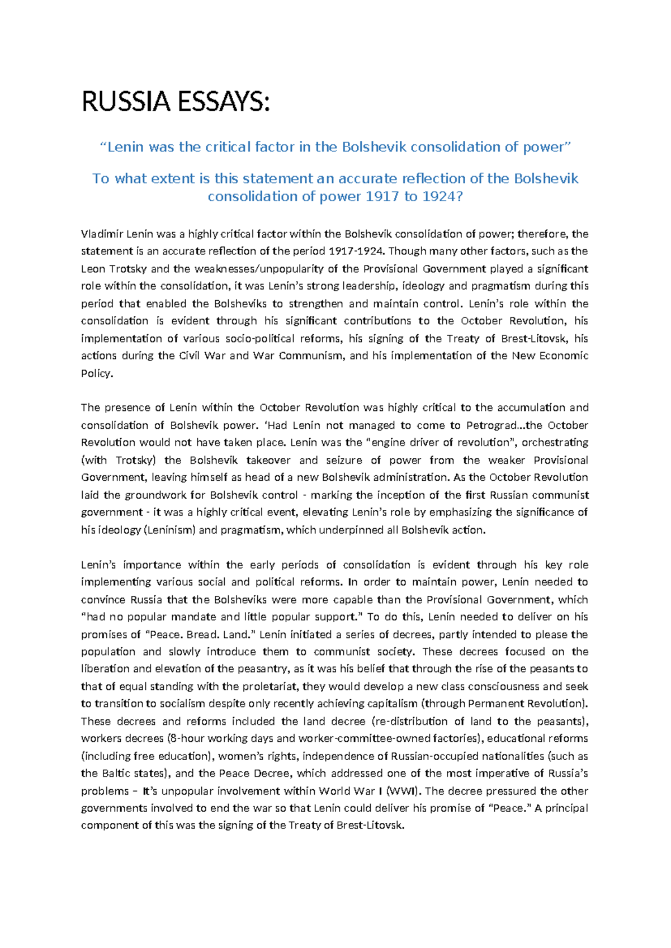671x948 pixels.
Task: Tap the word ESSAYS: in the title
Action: tap(223, 102)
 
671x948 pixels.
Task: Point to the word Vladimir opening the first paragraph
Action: tap(101, 234)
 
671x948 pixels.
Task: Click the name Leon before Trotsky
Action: tap(93, 268)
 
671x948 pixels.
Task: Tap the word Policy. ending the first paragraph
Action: tap(97, 373)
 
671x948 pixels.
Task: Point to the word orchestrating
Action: tap(555, 443)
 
